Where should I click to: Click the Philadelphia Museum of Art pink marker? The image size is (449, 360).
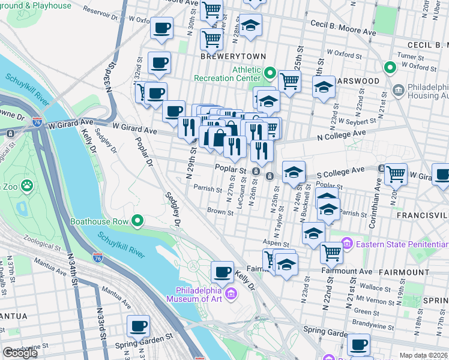(232, 293)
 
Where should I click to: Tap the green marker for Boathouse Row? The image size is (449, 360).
(137, 221)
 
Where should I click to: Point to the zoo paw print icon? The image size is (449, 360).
(26, 187)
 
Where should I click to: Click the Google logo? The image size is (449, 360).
(20, 353)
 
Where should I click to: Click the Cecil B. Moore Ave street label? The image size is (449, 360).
(342, 24)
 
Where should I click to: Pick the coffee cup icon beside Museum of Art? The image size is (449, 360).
(223, 272)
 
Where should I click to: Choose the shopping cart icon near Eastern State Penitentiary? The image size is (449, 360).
(331, 253)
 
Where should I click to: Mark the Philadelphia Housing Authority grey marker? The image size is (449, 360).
(397, 90)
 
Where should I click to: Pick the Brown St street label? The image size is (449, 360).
(220, 211)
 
